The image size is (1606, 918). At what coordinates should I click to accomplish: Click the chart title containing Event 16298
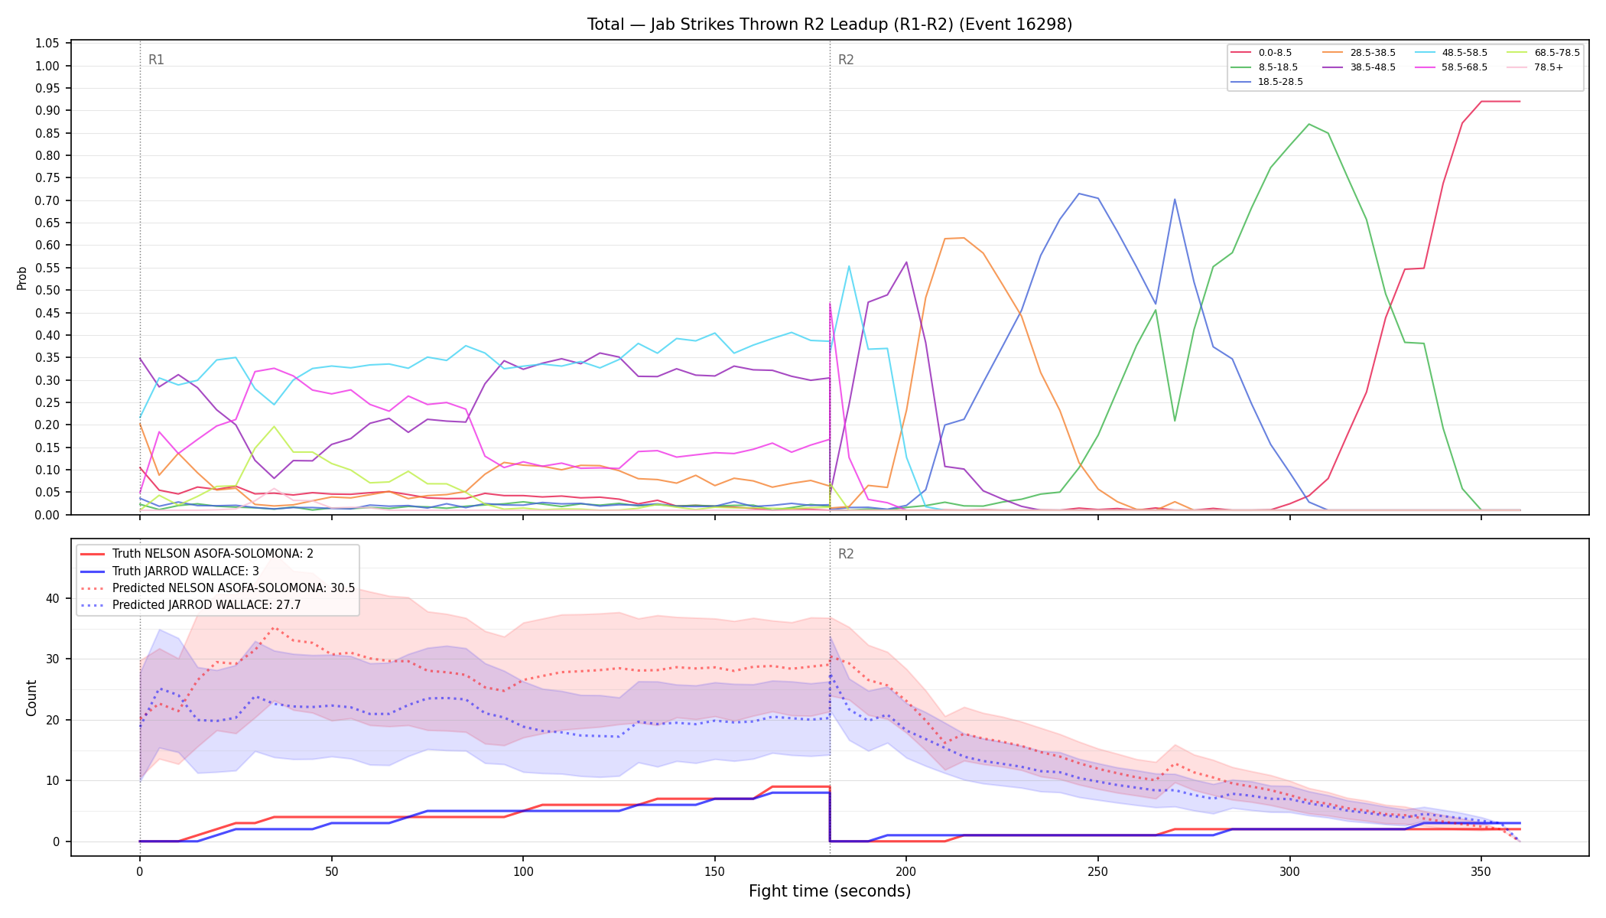tap(830, 24)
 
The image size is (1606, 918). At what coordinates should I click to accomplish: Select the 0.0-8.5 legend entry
tap(1261, 53)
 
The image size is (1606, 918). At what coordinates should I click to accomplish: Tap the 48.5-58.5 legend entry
tap(1451, 53)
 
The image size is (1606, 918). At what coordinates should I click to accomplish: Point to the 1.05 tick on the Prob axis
tap(47, 43)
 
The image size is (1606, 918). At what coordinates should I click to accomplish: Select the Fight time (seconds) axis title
tap(830, 891)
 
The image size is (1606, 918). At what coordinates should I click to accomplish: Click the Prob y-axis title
tap(21, 278)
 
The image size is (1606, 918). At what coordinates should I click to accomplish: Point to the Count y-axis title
tap(31, 698)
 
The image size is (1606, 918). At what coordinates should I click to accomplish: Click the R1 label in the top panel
tap(156, 60)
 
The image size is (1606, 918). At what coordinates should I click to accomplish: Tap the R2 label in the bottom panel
tap(846, 554)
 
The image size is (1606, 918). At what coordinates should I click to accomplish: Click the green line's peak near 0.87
tap(1309, 124)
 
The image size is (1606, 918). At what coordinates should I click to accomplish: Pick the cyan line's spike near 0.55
tap(849, 266)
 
